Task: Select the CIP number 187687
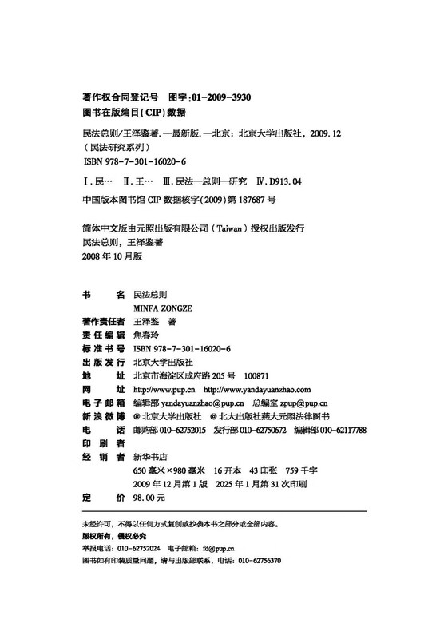tap(239, 199)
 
